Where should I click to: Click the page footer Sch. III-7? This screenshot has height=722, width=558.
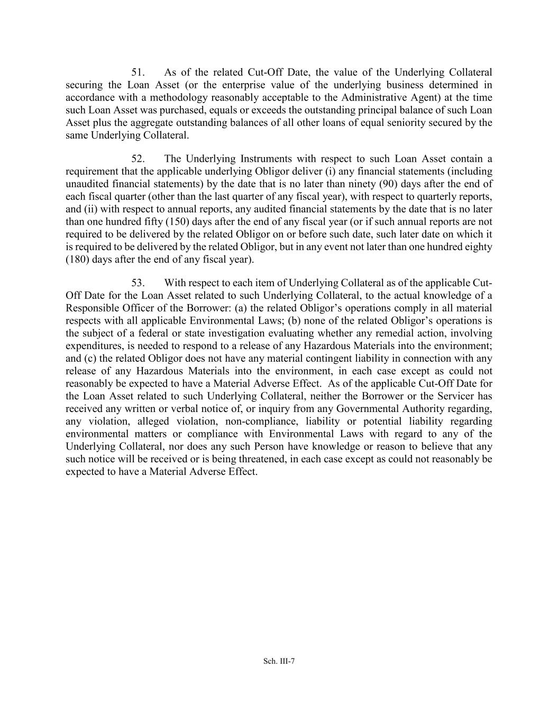tap(279, 661)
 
